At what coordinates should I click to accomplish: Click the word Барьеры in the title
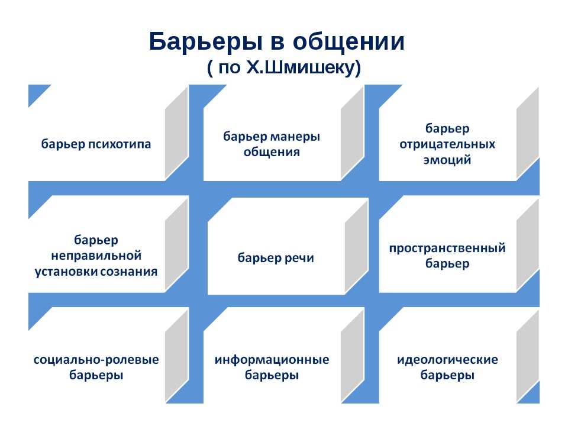[x=206, y=42]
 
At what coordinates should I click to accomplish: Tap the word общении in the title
[x=348, y=42]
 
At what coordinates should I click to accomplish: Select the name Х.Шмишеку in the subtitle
[x=304, y=67]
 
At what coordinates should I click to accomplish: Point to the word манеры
[x=295, y=137]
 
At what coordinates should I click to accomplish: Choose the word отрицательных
[x=447, y=144]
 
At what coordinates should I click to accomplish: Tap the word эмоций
[x=447, y=160]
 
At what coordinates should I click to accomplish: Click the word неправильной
[x=96, y=256]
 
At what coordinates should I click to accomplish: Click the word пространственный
[x=447, y=248]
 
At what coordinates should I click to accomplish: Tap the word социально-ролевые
[x=96, y=360]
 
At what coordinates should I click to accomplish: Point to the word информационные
[x=272, y=360]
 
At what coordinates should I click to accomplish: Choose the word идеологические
[x=447, y=360]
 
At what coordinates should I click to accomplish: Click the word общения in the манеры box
[x=272, y=152]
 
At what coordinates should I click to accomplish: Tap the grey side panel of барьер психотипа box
[x=177, y=133]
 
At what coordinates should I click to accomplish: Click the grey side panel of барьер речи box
[x=356, y=246]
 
